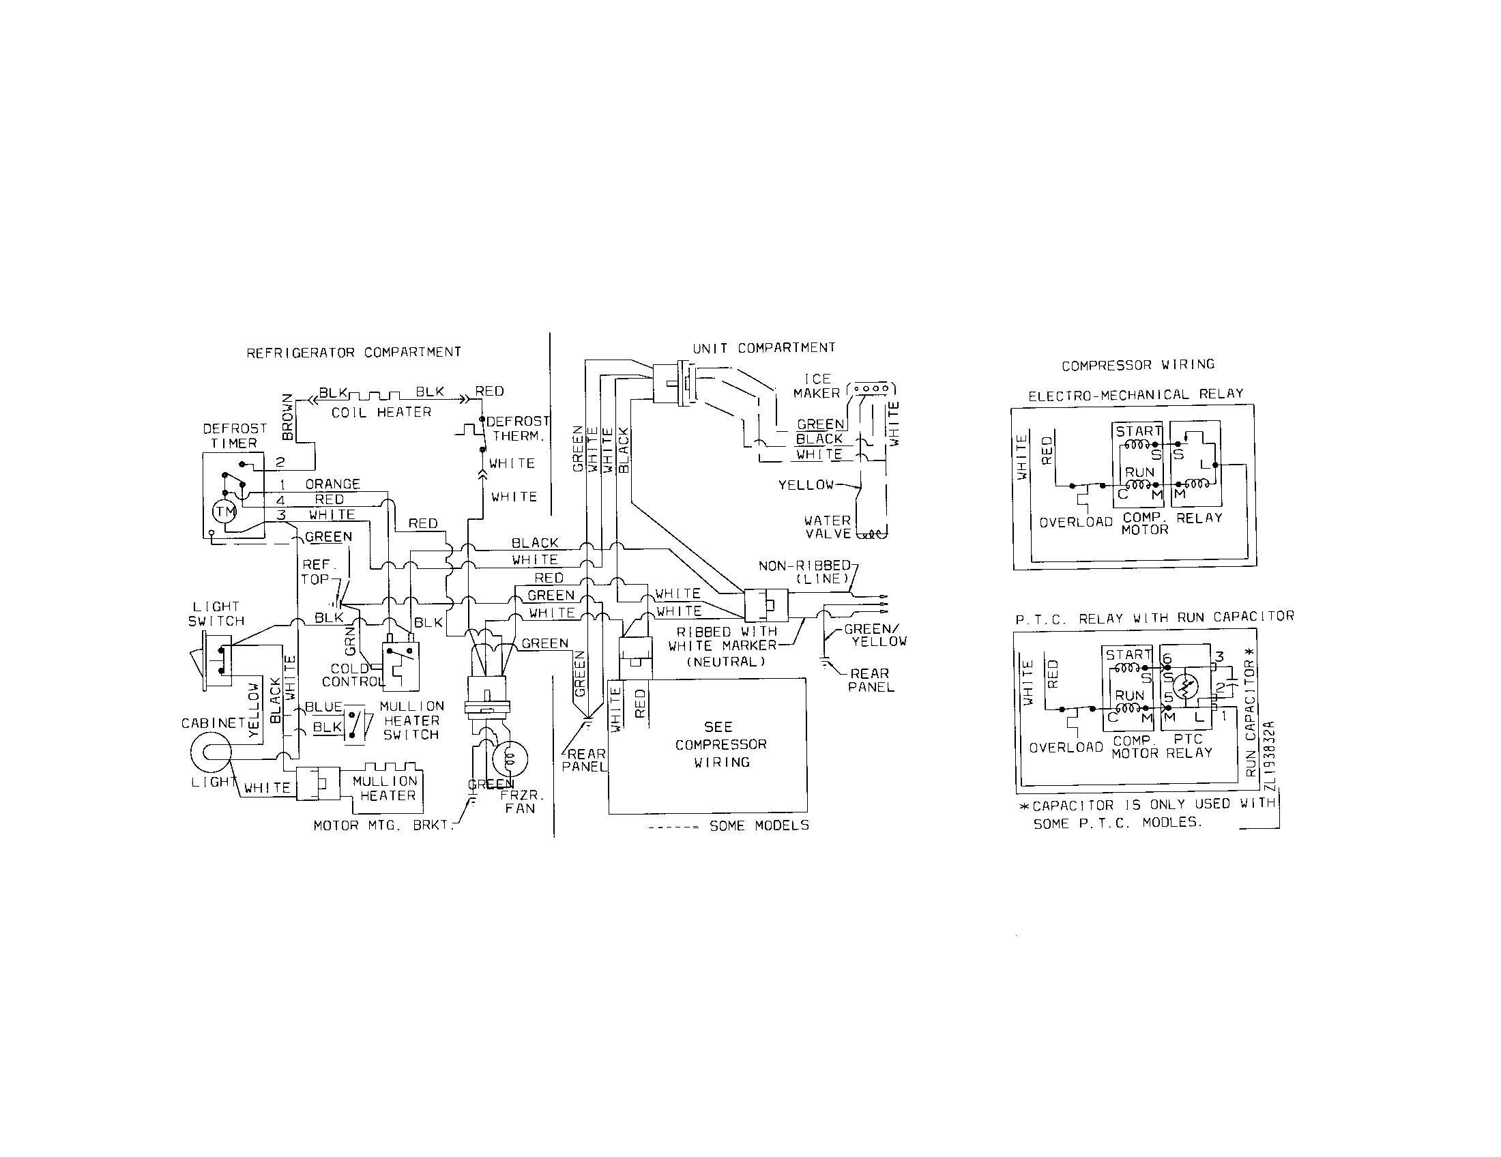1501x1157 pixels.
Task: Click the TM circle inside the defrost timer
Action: pyautogui.click(x=224, y=511)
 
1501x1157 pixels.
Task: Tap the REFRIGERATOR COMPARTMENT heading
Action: pyautogui.click(x=353, y=353)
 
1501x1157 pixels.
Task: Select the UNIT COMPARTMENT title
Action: pyautogui.click(x=763, y=349)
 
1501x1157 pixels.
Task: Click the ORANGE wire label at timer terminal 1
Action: pyautogui.click(x=333, y=484)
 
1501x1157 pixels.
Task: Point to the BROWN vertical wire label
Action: pyautogui.click(x=288, y=417)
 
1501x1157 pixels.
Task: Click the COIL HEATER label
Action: pyautogui.click(x=381, y=412)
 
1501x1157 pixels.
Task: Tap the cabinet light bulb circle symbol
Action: pyautogui.click(x=209, y=753)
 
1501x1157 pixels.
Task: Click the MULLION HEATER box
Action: pyautogui.click(x=385, y=789)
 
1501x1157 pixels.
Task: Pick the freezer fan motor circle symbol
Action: pyautogui.click(x=510, y=759)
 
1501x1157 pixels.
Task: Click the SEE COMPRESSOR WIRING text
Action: pyautogui.click(x=720, y=745)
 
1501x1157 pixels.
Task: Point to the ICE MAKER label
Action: pyautogui.click(x=817, y=386)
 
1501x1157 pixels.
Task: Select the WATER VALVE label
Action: pyautogui.click(x=828, y=527)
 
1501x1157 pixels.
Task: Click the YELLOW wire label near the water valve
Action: pyautogui.click(x=806, y=485)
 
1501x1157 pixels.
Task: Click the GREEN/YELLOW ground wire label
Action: pyautogui.click(x=875, y=635)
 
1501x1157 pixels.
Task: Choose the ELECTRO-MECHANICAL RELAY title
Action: pyautogui.click(x=1135, y=395)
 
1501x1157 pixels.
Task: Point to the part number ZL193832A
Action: pyautogui.click(x=1269, y=757)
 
